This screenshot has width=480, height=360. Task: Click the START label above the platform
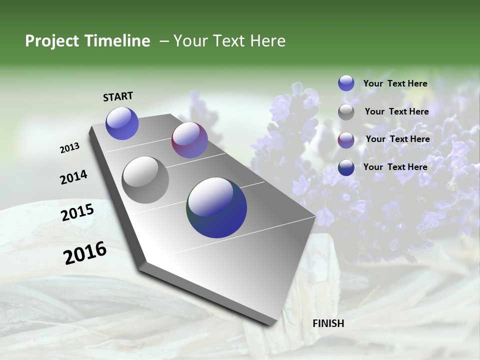tap(118, 96)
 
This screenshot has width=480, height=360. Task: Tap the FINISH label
tap(328, 323)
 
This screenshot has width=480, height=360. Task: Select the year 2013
tap(70, 148)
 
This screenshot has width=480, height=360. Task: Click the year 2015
tap(77, 212)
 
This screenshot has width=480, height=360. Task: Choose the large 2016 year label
tap(85, 253)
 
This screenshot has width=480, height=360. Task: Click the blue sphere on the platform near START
tap(122, 123)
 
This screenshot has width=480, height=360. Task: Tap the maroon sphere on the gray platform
tap(189, 140)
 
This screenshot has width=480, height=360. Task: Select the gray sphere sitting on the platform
tap(145, 180)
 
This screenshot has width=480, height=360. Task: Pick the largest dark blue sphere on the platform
tap(217, 207)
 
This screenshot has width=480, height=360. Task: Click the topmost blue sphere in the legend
tap(346, 83)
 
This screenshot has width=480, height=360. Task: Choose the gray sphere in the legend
tap(346, 112)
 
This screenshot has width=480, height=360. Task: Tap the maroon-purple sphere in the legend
tap(346, 139)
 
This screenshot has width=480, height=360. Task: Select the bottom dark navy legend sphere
tap(346, 167)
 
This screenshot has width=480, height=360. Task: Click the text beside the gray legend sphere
tap(396, 111)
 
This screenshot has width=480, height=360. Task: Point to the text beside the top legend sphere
tap(395, 84)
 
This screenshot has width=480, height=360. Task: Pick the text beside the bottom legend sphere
tap(395, 167)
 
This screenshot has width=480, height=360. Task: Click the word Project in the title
tap(51, 41)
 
